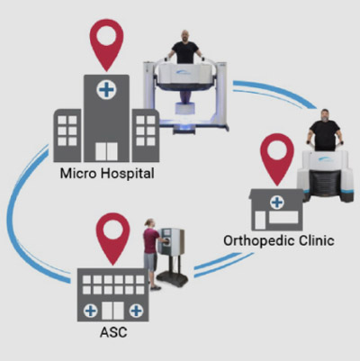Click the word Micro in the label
[x=78, y=174]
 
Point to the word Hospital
[x=127, y=174]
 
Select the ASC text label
[x=113, y=332]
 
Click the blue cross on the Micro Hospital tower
[x=106, y=90]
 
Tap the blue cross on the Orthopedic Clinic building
[x=277, y=203]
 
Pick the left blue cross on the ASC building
[x=90, y=311]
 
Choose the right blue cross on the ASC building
[x=136, y=311]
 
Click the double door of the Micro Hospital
[x=106, y=152]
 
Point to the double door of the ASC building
[x=112, y=311]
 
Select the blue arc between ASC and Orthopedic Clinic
[x=223, y=265]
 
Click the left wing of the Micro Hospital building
[x=67, y=136]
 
